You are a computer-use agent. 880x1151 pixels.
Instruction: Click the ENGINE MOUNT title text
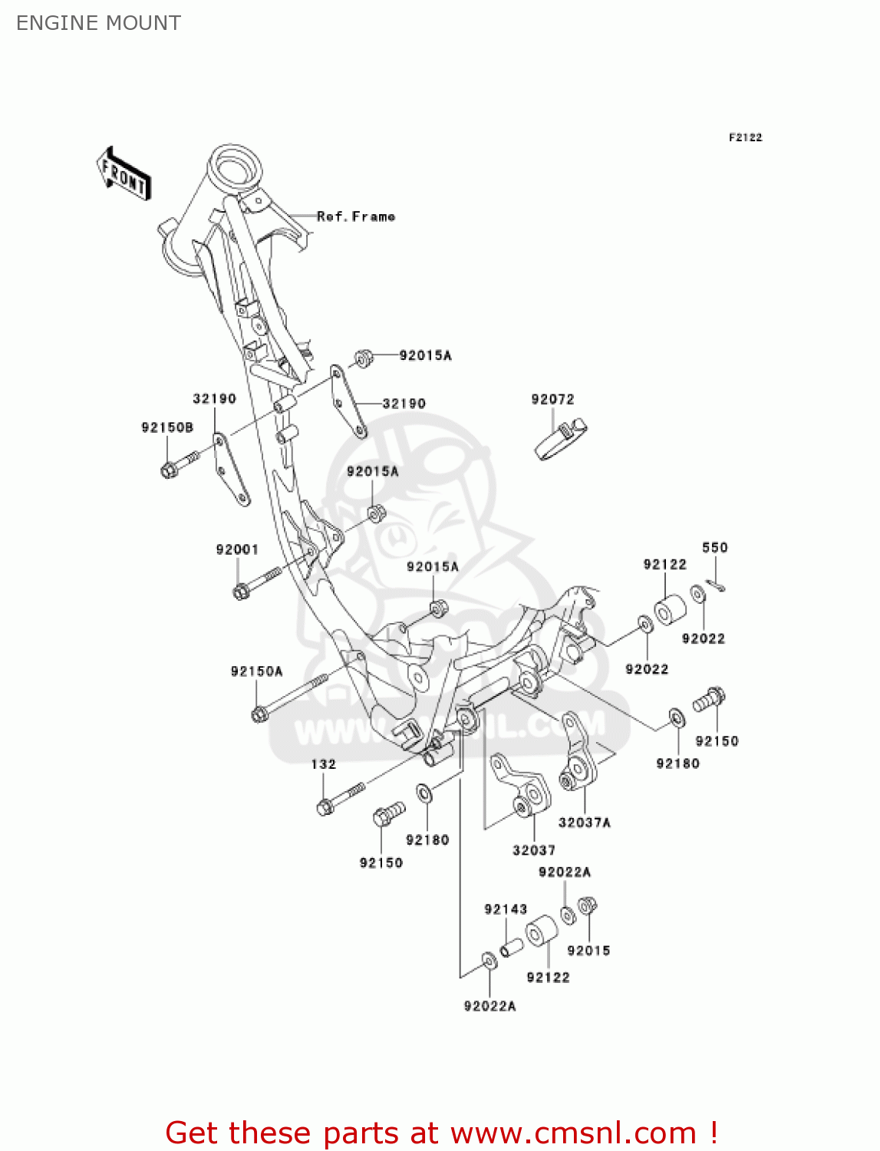(98, 23)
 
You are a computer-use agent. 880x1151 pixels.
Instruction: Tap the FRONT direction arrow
(124, 175)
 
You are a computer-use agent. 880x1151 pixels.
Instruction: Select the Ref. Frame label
(356, 217)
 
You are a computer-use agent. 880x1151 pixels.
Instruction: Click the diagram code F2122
(745, 137)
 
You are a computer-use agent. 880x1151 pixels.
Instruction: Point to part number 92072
(552, 399)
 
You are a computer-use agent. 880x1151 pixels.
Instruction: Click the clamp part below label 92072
(560, 440)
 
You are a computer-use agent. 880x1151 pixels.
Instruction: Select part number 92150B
(167, 427)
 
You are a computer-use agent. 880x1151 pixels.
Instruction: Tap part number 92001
(237, 549)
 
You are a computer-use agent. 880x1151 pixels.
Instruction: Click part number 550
(714, 547)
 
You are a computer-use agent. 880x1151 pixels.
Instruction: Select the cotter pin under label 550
(716, 586)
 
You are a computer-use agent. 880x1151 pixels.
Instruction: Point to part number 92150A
(256, 671)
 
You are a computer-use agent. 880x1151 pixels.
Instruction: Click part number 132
(323, 764)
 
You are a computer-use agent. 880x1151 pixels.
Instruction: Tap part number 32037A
(584, 823)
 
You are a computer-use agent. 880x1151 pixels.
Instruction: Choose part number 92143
(506, 909)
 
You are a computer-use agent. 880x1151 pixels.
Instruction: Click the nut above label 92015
(587, 906)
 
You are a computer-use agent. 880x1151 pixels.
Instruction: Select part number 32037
(534, 850)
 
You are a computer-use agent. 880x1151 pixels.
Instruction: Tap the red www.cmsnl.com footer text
(441, 1133)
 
